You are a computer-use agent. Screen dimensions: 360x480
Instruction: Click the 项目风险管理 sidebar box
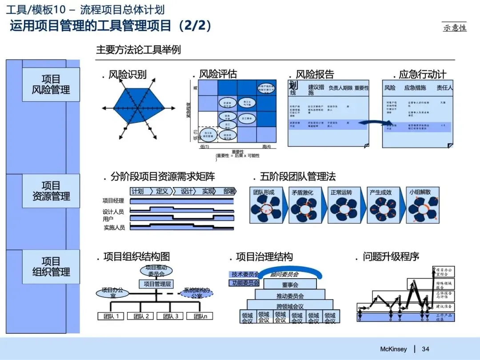[x=51, y=84]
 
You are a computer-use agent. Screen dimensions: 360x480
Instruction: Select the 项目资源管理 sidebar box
[x=51, y=191]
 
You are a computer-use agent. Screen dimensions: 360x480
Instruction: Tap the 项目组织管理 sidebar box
[x=51, y=267]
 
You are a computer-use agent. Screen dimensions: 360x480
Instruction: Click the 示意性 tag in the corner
[x=455, y=27]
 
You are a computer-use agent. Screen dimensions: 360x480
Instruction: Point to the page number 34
[x=425, y=349]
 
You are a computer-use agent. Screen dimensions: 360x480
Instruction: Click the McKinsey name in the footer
[x=393, y=349]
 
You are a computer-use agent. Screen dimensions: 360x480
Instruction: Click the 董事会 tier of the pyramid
[x=290, y=284]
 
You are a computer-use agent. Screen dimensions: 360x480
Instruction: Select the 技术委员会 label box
[x=244, y=274]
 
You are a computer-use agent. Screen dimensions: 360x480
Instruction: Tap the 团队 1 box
[x=111, y=316]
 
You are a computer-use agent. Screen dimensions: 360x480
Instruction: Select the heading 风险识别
[x=127, y=74]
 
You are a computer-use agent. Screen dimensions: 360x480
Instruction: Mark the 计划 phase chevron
[x=138, y=191]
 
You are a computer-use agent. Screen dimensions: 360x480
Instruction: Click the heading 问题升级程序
[x=391, y=257]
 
